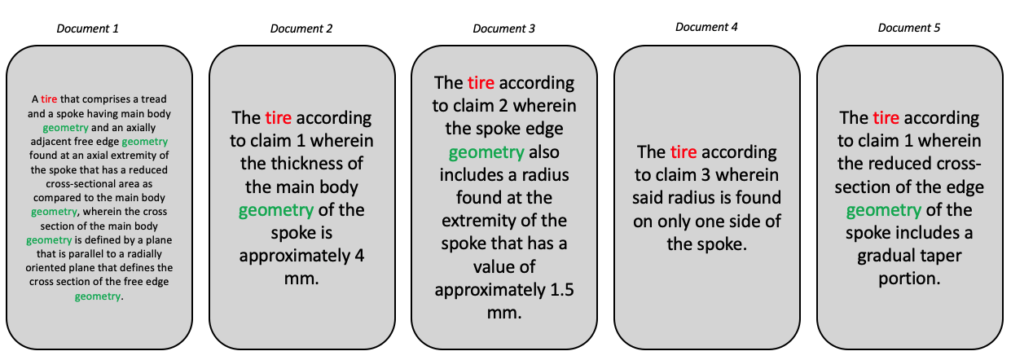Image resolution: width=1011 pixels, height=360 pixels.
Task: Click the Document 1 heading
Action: (87, 29)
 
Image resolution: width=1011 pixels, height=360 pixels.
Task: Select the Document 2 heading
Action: (301, 29)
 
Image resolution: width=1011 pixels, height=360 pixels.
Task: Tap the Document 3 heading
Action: (503, 29)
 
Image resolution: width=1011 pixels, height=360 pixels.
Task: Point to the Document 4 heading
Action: (706, 28)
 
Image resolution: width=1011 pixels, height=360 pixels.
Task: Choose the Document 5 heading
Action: (909, 28)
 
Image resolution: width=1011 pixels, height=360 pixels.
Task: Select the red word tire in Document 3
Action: (481, 83)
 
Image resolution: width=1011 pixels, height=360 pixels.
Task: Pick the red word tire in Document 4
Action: (684, 152)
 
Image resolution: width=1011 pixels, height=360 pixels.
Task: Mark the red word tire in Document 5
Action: (886, 118)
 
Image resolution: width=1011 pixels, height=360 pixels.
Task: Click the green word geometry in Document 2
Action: (275, 210)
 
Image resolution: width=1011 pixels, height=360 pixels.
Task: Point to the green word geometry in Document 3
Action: (486, 152)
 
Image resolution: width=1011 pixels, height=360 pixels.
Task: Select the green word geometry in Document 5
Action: (883, 210)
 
